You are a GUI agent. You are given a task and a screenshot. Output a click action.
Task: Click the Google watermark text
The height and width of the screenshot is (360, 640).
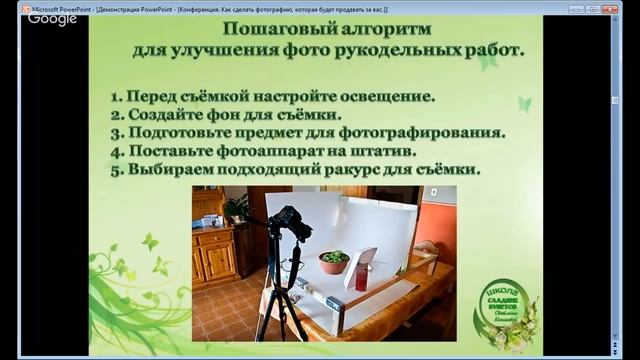click(x=52, y=19)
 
